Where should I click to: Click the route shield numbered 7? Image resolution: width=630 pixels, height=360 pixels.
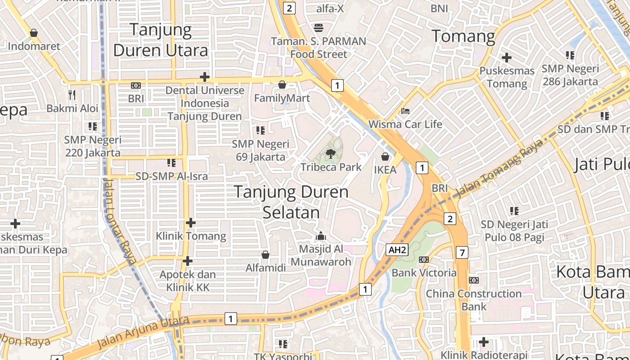coord(462,252)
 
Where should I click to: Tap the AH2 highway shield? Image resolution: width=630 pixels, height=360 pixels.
coord(397,250)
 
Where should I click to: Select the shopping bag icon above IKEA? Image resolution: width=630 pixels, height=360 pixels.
coord(385,157)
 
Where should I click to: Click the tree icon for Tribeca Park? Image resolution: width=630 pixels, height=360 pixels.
coord(331,153)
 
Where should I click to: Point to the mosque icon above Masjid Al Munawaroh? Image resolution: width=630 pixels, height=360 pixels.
coord(321,235)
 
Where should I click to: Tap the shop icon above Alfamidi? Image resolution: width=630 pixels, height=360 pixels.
coord(265,255)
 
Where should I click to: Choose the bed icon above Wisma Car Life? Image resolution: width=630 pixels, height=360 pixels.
coord(405,111)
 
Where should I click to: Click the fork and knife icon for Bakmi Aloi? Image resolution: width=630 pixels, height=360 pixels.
coord(72,94)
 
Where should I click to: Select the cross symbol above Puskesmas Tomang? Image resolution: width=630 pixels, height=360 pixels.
coord(507,58)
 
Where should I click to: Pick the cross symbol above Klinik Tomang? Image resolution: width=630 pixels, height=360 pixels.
coord(191,223)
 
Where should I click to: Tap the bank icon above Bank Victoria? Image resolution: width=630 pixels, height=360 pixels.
coord(423,260)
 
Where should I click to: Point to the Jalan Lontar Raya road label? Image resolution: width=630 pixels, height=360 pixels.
coord(119,220)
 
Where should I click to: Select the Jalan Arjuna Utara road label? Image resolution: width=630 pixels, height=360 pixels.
coord(143,332)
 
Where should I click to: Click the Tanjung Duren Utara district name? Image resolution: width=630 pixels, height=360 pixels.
coord(161,40)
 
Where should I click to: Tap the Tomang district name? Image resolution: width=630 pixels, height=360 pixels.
coord(463,36)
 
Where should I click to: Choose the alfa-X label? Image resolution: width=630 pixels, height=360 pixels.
coord(330,9)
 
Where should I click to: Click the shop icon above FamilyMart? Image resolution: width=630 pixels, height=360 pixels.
coord(282,85)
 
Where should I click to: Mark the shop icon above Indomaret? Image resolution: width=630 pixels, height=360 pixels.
coord(34,33)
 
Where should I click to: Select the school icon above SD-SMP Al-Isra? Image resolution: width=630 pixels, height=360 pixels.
coord(171,162)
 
